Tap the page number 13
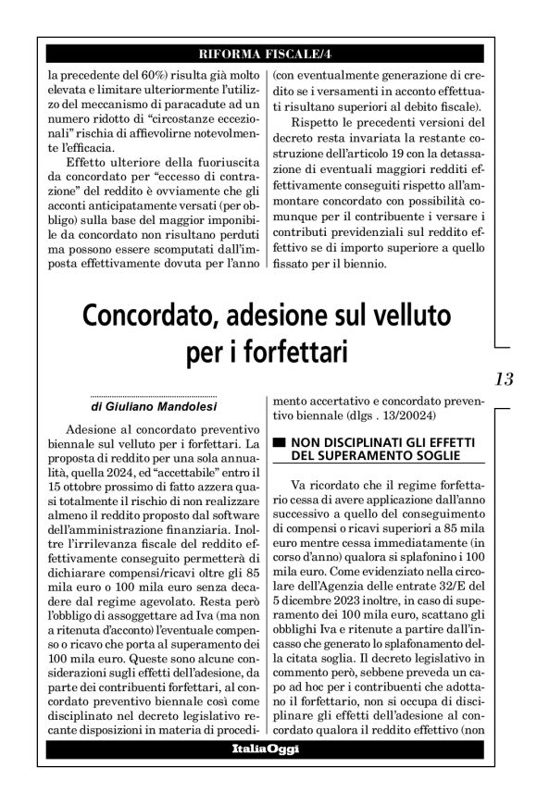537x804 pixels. click(504, 378)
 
